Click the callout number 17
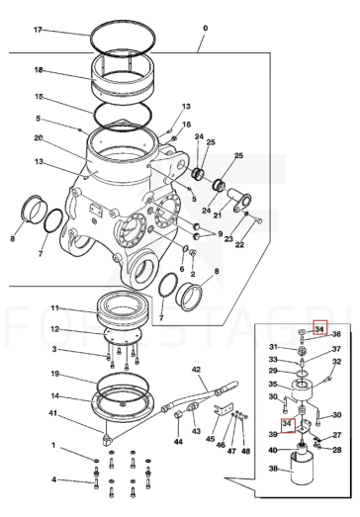click(x=38, y=30)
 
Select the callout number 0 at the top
click(x=206, y=28)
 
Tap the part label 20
click(x=39, y=137)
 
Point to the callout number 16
click(x=187, y=125)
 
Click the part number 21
click(x=218, y=215)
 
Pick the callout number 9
click(x=221, y=233)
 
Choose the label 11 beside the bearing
click(x=55, y=308)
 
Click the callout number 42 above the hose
click(x=196, y=370)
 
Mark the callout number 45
click(x=211, y=439)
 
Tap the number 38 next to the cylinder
click(x=273, y=468)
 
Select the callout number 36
click(x=336, y=334)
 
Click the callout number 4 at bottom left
click(x=53, y=479)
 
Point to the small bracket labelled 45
click(x=225, y=408)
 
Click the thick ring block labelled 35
click(x=302, y=390)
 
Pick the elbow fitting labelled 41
click(x=107, y=437)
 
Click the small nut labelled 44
click(x=178, y=414)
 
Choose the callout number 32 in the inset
click(x=336, y=362)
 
